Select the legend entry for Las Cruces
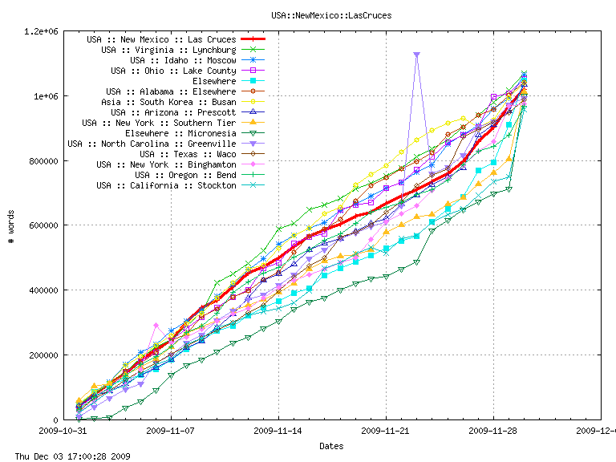[161, 39]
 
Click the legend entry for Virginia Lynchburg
[168, 50]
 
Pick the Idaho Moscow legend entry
[183, 60]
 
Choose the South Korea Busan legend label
[168, 102]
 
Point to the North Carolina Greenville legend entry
[152, 144]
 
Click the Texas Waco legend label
[188, 154]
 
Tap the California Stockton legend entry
[166, 185]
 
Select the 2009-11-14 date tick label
[278, 431]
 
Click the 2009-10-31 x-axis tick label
[64, 431]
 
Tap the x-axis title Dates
[332, 445]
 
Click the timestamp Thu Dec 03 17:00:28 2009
[65, 456]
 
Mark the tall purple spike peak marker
[416, 55]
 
